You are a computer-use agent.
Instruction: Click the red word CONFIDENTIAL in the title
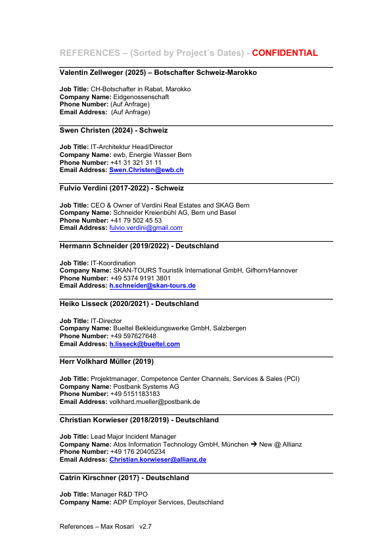click(285, 53)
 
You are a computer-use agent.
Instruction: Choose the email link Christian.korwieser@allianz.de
click(158, 460)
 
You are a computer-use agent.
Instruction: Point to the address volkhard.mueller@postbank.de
click(154, 401)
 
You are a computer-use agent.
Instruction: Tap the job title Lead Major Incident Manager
click(133, 436)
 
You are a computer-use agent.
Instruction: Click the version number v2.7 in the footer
click(145, 526)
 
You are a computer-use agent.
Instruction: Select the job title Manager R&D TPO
click(121, 494)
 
